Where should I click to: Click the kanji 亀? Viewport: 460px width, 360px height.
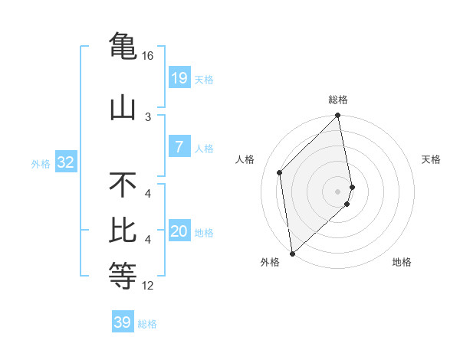(123, 45)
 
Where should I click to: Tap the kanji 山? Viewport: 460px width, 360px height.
(123, 108)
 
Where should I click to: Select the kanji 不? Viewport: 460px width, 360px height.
(123, 185)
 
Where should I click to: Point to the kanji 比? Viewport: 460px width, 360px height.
(123, 229)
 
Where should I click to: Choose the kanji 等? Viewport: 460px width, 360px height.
(123, 273)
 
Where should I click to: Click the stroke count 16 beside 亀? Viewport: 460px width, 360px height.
(148, 57)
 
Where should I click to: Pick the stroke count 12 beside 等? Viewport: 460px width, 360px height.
(148, 286)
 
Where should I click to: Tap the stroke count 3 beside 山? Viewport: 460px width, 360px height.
(148, 117)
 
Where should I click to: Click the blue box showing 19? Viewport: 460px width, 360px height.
(179, 77)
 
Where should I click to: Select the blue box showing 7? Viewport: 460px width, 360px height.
(179, 147)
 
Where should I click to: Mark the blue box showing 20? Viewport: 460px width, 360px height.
(179, 231)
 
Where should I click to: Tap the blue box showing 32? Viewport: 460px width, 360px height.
(65, 162)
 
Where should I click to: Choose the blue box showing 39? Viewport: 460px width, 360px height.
(123, 322)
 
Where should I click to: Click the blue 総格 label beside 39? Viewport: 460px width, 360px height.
(147, 324)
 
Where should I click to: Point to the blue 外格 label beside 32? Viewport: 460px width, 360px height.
(41, 164)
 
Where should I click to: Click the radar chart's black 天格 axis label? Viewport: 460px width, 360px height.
(432, 159)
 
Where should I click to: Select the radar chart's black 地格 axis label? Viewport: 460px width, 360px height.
(402, 262)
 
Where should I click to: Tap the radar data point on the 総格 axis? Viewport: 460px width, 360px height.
(338, 116)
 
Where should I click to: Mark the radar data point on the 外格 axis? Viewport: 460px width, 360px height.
(292, 253)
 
